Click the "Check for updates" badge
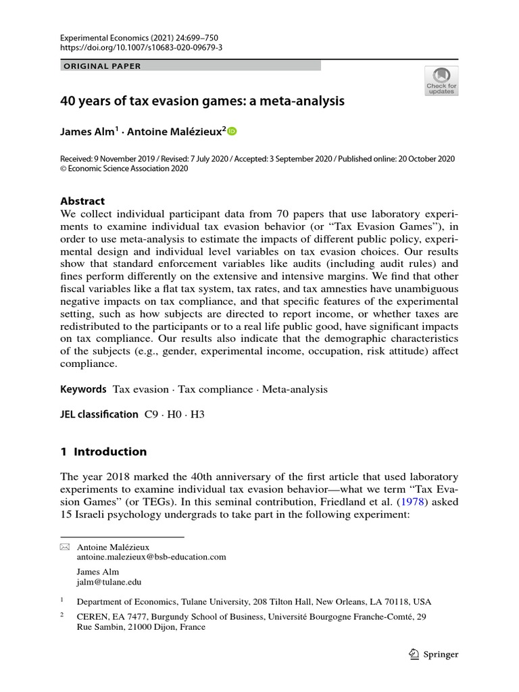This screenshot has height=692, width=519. (441, 80)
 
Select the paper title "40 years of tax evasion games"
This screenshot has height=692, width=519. (203, 101)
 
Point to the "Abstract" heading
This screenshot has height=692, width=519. (82, 201)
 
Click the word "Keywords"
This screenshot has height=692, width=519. (83, 389)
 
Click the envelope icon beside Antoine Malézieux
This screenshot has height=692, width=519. (65, 547)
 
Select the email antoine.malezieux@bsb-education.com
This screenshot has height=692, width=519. (152, 557)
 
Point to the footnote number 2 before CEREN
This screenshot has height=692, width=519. (62, 616)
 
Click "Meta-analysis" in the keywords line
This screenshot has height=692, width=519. (295, 389)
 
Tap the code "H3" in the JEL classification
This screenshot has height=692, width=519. (197, 414)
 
